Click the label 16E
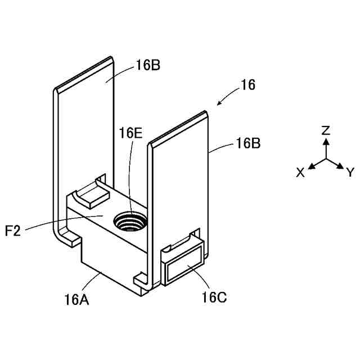(130, 133)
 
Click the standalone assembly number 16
(248, 85)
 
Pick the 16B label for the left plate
(148, 65)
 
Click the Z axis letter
(325, 130)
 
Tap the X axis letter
(300, 173)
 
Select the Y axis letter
(350, 172)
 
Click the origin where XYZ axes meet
(326, 159)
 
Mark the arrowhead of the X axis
(312, 166)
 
